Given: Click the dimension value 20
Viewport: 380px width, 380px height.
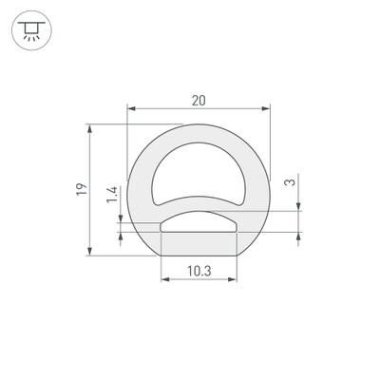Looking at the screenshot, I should tap(199, 98).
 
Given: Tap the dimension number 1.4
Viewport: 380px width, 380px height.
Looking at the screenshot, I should tap(112, 198).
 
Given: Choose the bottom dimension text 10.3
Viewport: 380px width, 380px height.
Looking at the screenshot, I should tap(199, 271).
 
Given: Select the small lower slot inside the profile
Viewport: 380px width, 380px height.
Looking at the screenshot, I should tap(199, 224).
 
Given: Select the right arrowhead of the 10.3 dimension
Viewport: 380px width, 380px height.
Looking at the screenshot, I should tap(233, 279).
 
